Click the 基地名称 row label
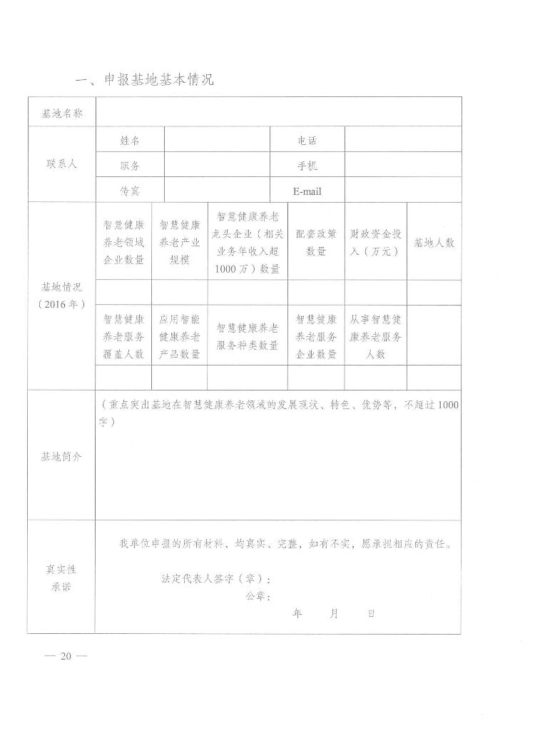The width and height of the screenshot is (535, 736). [62, 114]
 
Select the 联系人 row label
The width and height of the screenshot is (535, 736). [61, 164]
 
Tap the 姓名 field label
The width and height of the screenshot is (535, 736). [129, 140]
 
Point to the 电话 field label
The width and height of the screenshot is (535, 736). [307, 140]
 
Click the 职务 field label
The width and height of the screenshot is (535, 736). [129, 166]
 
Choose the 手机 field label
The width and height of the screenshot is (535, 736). [307, 166]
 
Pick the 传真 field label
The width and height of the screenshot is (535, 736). [129, 191]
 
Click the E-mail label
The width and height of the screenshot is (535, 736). [307, 191]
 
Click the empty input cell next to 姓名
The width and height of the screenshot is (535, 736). [216, 140]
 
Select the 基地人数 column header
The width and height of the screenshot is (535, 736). [434, 243]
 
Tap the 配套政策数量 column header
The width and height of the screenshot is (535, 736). [316, 243]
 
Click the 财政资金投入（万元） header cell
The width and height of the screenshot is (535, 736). [375, 243]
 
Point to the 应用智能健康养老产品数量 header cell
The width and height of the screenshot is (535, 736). [179, 336]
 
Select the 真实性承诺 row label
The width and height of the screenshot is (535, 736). [61, 578]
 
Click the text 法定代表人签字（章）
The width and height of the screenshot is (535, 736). [215, 578]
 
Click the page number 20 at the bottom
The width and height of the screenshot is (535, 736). [66, 657]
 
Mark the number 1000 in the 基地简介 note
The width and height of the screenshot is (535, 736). [447, 405]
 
